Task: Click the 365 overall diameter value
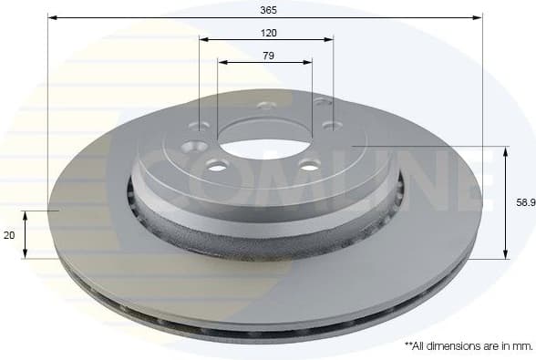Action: pyautogui.click(x=267, y=9)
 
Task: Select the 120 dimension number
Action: pyautogui.click(x=268, y=32)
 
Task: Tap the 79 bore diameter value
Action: pyautogui.click(x=268, y=56)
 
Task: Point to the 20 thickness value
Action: pyautogui.click(x=9, y=235)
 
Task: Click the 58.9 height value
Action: pyautogui.click(x=525, y=203)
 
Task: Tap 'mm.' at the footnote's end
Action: pyautogui.click(x=521, y=346)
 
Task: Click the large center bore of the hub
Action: pyautogui.click(x=264, y=138)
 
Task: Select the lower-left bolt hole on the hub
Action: pyautogui.click(x=217, y=165)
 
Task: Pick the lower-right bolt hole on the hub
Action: pyautogui.click(x=310, y=165)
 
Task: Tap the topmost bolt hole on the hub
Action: pyautogui.click(x=266, y=106)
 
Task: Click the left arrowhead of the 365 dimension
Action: pyautogui.click(x=52, y=16)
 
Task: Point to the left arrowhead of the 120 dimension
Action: pyautogui.click(x=203, y=39)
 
